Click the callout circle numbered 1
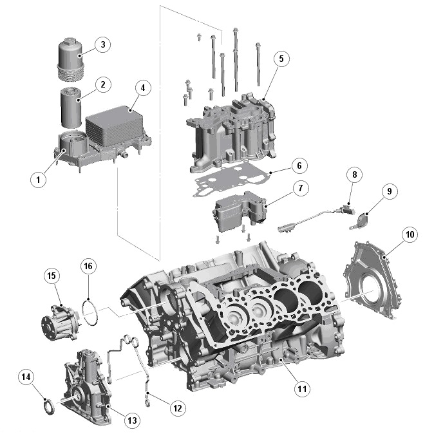(x=39, y=180)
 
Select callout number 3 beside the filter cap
(x=102, y=44)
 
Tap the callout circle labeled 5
(x=280, y=58)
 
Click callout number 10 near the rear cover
(x=410, y=234)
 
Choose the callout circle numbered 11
(x=301, y=388)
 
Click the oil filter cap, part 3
(x=70, y=54)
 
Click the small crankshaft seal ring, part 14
(x=48, y=408)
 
